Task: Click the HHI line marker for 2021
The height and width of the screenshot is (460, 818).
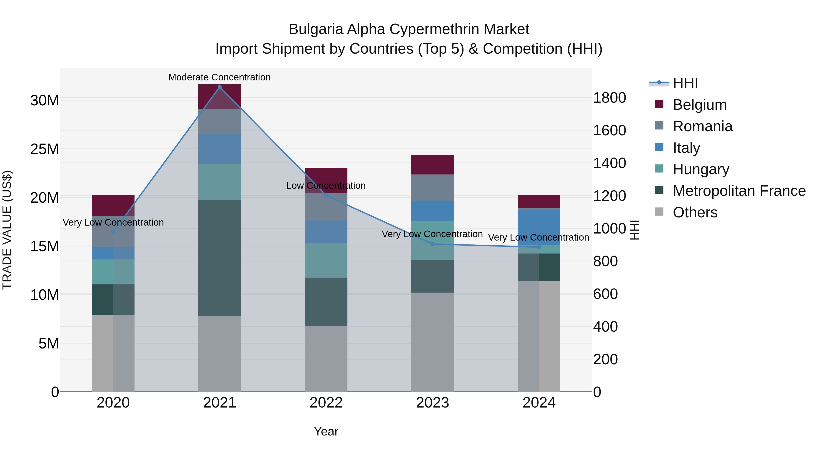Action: pyautogui.click(x=219, y=87)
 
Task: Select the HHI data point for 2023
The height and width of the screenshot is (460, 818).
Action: pyautogui.click(x=432, y=244)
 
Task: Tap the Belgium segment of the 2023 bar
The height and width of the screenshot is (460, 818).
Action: pyautogui.click(x=432, y=164)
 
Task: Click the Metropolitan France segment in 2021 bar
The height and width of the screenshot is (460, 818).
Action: pyautogui.click(x=219, y=258)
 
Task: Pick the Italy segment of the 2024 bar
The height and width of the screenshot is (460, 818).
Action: pyautogui.click(x=539, y=227)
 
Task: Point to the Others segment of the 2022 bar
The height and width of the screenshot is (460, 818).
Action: pyautogui.click(x=326, y=359)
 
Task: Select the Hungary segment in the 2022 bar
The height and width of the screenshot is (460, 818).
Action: pyautogui.click(x=326, y=260)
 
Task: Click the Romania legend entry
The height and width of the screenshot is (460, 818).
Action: pyautogui.click(x=702, y=126)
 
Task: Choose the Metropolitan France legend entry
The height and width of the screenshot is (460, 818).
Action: pyautogui.click(x=739, y=191)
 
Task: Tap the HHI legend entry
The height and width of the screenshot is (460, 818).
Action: pyautogui.click(x=685, y=83)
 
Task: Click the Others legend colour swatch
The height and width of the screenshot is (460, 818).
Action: pyautogui.click(x=659, y=212)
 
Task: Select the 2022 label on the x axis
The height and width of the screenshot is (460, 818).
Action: pyautogui.click(x=326, y=403)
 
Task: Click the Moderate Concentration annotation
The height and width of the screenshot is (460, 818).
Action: pyautogui.click(x=219, y=77)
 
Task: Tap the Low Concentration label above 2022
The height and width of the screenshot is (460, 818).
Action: pyautogui.click(x=326, y=186)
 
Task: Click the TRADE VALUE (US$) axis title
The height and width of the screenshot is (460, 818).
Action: pyautogui.click(x=7, y=230)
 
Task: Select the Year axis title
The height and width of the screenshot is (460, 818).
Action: pyautogui.click(x=326, y=431)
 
